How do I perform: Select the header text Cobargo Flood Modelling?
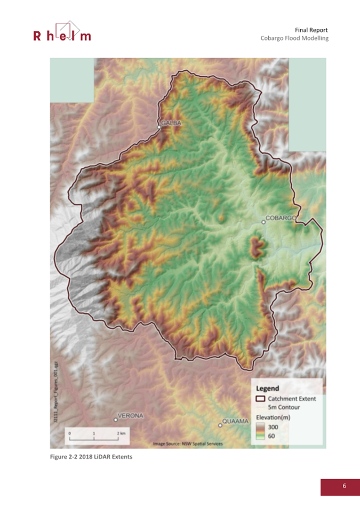[x=294, y=38]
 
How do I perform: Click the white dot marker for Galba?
[x=159, y=127]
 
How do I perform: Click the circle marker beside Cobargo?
[x=263, y=222]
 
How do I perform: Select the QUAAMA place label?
[x=236, y=421]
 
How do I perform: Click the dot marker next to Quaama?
[x=220, y=425]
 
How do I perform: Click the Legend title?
[x=268, y=389]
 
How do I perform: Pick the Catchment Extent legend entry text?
[x=292, y=398]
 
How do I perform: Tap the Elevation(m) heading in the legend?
[x=273, y=417]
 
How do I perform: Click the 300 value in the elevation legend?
[x=273, y=427]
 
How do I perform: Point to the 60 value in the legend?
[x=271, y=437]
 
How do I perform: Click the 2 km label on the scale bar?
[x=121, y=434]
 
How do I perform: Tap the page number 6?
[x=344, y=486]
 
